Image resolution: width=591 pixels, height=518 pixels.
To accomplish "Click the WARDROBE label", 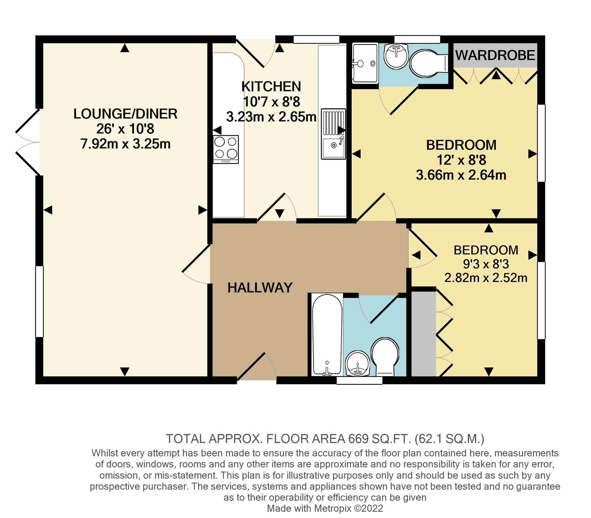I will point(495,56).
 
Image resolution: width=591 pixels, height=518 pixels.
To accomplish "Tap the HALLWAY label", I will point(260,288).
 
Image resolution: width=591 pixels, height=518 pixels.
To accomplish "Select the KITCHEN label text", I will point(271,87).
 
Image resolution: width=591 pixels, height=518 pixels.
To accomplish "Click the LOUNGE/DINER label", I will point(125,114).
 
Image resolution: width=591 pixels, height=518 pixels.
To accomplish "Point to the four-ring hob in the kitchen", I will point(226,149).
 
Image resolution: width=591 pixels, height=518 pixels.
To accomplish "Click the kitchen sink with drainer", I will point(333,134).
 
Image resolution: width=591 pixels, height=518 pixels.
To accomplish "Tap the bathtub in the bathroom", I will point(327,335).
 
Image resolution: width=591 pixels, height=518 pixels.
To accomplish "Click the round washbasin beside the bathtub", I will point(358,364).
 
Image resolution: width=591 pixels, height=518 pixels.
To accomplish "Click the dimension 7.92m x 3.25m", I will point(125,144).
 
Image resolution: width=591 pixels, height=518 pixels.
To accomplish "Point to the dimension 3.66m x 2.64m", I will point(461,175).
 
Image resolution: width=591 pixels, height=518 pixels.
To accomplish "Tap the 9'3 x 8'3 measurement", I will point(486,264).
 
